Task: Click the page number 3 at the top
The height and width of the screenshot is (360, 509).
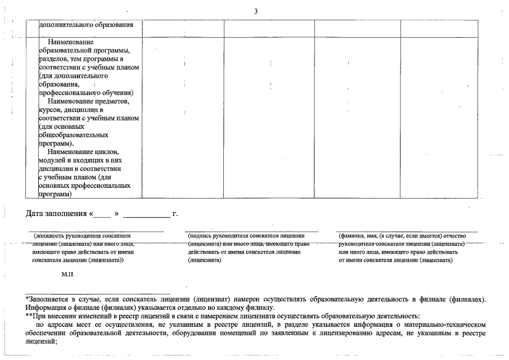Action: point(255,12)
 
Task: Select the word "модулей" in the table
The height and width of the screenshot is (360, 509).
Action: point(52,160)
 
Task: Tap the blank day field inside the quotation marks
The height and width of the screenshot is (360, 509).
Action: point(102,215)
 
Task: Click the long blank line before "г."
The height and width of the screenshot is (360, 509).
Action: point(146,215)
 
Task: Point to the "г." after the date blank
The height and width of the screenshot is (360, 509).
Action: point(175,214)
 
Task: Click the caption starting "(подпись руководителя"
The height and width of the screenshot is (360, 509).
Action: point(246,236)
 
